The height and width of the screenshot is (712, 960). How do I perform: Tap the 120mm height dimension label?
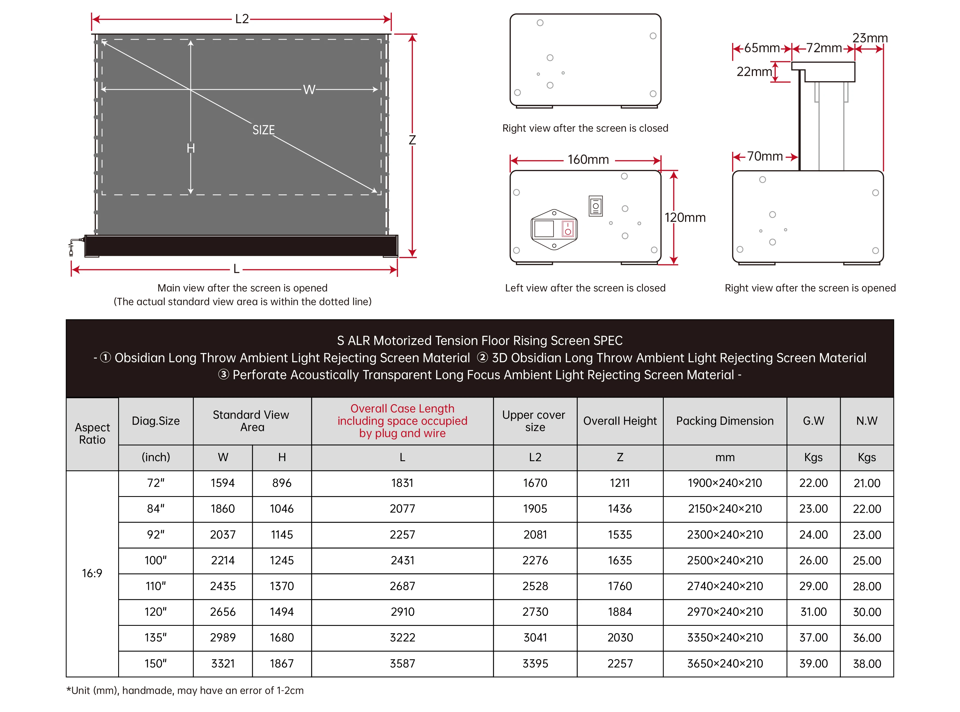(685, 218)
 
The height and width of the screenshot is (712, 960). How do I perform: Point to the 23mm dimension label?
(870, 38)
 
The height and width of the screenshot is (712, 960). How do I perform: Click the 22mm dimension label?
(754, 71)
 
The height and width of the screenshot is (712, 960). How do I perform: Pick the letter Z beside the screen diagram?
(412, 140)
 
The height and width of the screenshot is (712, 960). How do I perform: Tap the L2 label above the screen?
(242, 19)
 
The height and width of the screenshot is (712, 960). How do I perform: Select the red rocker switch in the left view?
(568, 229)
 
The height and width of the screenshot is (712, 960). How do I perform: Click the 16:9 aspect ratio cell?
(92, 573)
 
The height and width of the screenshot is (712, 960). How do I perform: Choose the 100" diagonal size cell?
(156, 560)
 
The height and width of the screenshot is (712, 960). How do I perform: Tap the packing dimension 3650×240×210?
(725, 663)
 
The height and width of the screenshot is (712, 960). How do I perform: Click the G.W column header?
(813, 421)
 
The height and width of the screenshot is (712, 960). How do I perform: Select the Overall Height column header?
(620, 421)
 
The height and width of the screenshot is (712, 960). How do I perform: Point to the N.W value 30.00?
(866, 612)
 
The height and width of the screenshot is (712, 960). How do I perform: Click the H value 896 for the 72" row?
(282, 483)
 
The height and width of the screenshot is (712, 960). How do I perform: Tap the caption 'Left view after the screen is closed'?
(585, 288)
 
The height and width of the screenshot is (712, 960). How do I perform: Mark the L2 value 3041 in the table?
(535, 638)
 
